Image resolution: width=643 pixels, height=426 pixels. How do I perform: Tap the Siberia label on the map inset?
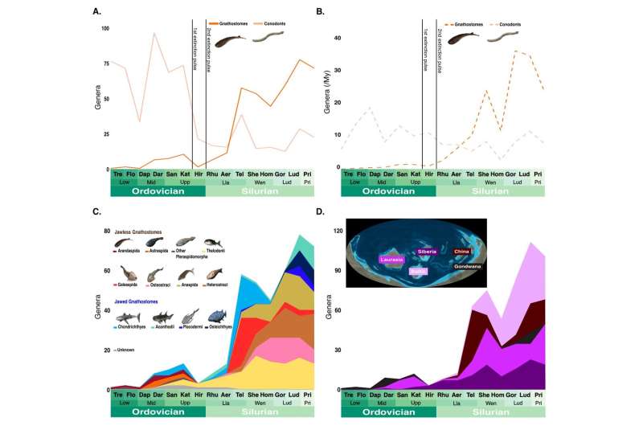(427, 251)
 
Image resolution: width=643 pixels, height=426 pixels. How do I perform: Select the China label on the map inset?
(463, 252)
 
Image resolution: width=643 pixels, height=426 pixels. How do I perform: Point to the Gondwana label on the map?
(469, 265)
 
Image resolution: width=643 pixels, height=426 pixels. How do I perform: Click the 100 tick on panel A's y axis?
(104, 28)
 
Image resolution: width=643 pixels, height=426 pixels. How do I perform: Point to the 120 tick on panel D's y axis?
(337, 231)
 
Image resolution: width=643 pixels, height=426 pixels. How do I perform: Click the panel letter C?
(96, 211)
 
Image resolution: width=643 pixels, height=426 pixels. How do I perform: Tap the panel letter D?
(320, 211)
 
